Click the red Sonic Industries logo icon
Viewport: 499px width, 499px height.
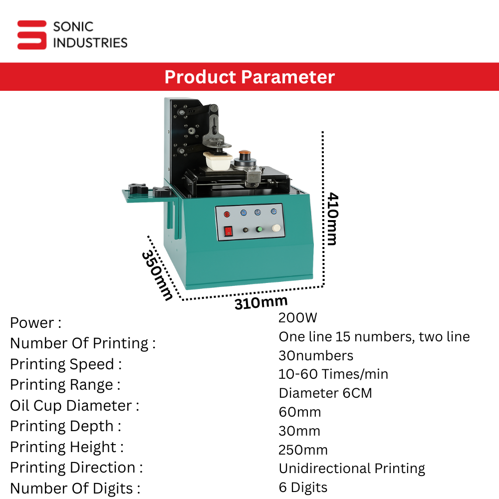coord(32,35)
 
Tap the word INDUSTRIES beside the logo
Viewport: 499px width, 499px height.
coord(90,43)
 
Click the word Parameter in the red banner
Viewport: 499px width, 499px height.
coord(288,77)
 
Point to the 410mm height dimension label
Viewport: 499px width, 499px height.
coord(332,219)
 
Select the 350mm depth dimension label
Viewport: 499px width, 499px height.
coord(157,275)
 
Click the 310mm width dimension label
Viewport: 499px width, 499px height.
coord(261,302)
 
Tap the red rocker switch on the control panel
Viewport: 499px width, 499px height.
coord(229,232)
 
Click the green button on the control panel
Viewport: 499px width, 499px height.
coord(259,229)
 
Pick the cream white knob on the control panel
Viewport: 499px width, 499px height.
coord(276,228)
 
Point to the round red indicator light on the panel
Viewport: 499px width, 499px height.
coord(227,214)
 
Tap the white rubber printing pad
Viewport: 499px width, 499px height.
coord(218,161)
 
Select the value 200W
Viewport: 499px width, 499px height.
coord(297,317)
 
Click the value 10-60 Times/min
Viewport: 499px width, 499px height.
coord(333,374)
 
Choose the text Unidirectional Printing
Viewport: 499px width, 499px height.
coord(352,469)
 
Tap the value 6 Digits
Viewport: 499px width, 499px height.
coord(303,488)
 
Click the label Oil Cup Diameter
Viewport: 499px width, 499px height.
coord(74,406)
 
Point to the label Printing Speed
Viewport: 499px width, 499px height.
coord(66,364)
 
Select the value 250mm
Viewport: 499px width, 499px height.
coord(303,450)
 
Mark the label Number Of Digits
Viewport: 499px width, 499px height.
coord(75,489)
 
